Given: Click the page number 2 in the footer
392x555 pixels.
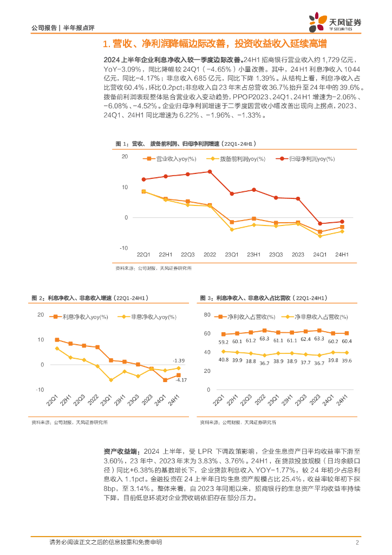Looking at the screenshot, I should click(357, 543).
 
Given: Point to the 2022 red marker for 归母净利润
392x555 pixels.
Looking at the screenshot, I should click(210, 172).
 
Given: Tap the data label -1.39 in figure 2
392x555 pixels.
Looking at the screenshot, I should click(179, 360).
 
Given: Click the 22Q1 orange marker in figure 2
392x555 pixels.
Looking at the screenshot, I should click(57, 340).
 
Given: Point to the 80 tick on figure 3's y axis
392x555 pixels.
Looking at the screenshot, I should click(206, 315).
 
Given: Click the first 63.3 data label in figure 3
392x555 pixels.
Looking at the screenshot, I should click(264, 339).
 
